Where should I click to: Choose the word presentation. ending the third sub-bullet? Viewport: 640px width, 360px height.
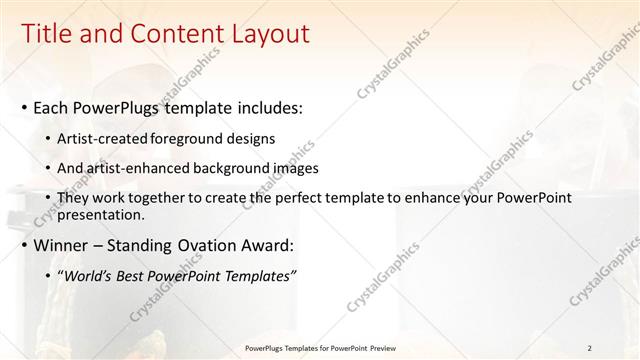(102, 214)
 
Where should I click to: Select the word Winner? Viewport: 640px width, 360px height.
(62, 245)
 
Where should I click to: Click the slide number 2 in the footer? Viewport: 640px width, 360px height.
(589, 348)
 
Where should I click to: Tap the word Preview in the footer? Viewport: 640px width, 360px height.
(386, 348)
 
